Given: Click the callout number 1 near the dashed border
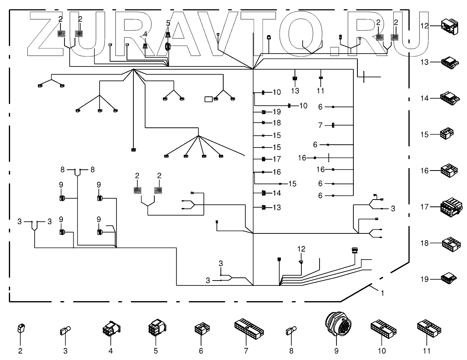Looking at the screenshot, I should tap(382, 293).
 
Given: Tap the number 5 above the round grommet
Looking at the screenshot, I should tap(168, 23).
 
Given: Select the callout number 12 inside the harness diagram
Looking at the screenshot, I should tap(302, 249).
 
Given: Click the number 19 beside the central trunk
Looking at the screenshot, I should tap(276, 112).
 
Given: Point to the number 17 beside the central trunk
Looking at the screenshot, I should tap(276, 159).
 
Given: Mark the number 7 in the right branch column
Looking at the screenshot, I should tap(321, 125).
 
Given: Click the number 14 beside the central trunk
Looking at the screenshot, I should tap(276, 193).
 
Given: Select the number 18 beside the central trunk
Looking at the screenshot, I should tap(276, 123).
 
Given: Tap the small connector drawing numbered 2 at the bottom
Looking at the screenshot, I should tap(20, 329).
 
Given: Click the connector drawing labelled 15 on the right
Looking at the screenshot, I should tap(447, 133).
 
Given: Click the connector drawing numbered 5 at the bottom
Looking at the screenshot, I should tap(156, 327).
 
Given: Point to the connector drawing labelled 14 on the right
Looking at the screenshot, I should tap(448, 98).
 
